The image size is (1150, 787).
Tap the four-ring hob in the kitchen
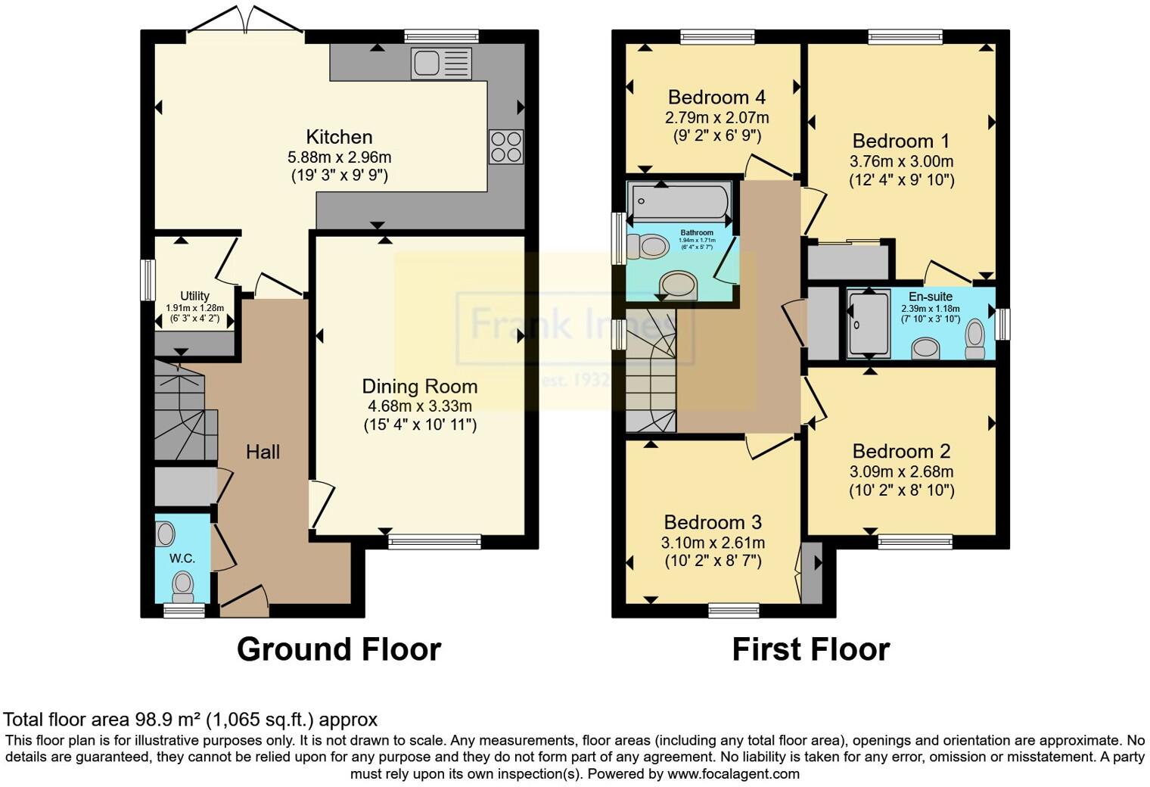[x=505, y=147]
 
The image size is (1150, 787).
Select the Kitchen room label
[x=339, y=137]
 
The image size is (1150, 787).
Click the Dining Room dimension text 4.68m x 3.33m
[x=420, y=406]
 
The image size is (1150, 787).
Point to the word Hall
[x=263, y=452]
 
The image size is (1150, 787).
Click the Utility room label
[x=194, y=296]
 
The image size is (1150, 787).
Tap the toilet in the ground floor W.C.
[x=182, y=584]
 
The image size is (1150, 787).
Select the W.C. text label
[x=182, y=558]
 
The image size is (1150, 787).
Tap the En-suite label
[x=931, y=297]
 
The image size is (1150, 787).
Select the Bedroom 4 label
[x=716, y=97]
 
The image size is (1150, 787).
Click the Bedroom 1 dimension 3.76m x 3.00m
[x=901, y=161]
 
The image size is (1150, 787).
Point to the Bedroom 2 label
[x=901, y=451]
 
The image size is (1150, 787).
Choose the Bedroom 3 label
[x=713, y=522]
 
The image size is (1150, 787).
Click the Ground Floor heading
[x=338, y=649]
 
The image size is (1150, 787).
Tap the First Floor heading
[x=810, y=649]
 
